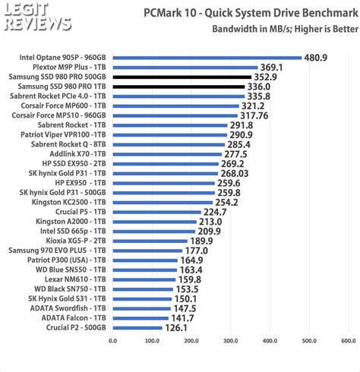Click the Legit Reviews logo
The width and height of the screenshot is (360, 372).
coord(29,18)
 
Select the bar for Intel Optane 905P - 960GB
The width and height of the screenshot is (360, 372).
coord(207,57)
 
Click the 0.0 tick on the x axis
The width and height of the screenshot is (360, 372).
coord(113,341)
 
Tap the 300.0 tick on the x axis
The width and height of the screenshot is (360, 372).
coord(231,341)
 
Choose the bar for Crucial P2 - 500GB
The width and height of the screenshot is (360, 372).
coord(137,328)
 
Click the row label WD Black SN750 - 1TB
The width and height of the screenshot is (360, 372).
coord(71,289)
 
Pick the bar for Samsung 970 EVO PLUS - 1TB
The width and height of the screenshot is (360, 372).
coord(147,251)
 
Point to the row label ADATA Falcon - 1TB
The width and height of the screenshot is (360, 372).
coord(74,318)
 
